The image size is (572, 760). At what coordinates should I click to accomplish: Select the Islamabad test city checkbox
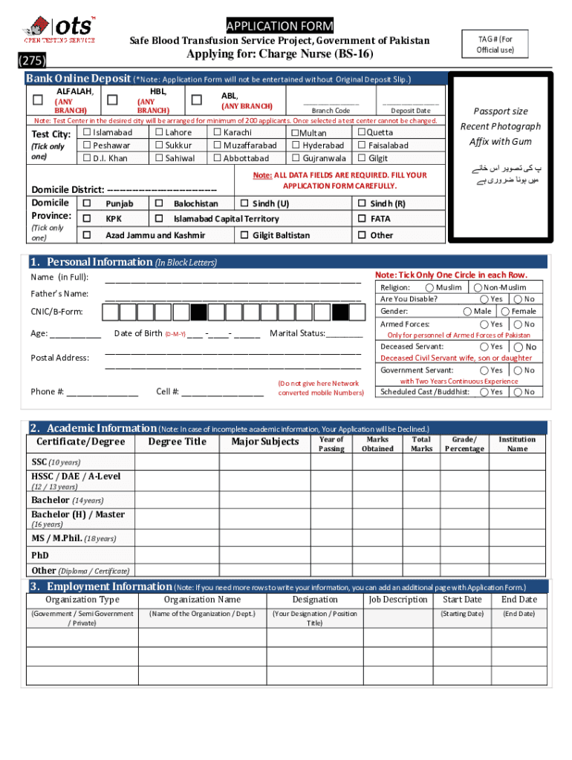[86, 133]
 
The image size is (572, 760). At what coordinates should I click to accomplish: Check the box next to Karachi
[217, 133]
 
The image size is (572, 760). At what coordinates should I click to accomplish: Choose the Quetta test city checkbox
[362, 133]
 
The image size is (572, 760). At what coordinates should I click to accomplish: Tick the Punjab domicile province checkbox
[87, 203]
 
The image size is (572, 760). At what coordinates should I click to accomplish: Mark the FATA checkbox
[362, 219]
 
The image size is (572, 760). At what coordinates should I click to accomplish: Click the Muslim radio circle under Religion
[430, 287]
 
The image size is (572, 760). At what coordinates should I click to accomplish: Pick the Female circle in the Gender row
[505, 312]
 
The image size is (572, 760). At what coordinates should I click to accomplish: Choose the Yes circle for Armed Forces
[484, 324]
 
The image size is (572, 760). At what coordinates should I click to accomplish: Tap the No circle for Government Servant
[518, 370]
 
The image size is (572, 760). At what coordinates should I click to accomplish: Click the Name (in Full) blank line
[233, 280]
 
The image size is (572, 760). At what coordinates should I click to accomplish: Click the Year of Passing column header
[331, 443]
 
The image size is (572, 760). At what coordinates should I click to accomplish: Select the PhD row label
[40, 554]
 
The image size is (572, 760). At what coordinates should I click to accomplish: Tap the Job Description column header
[398, 600]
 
